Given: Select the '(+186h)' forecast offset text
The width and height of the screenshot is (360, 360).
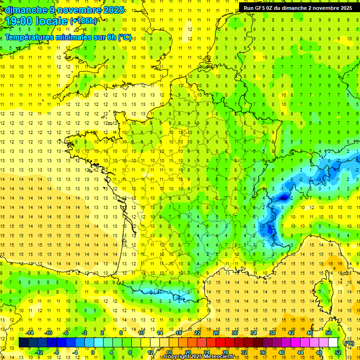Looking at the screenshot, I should tap(83, 21).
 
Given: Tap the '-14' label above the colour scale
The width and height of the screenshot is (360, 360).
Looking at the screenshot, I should tap(30, 333).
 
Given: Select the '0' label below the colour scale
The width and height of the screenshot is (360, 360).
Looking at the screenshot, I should tap(93, 352).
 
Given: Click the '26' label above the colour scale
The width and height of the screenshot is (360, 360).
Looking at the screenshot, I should tap(216, 333).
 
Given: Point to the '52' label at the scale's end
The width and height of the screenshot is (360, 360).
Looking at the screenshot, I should tap(337, 352).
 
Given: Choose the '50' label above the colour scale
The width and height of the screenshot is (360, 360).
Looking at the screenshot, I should tap(329, 333).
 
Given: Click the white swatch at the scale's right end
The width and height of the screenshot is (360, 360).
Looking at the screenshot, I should tap(333, 343).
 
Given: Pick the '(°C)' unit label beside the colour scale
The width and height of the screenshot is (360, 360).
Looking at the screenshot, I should tap(349, 343).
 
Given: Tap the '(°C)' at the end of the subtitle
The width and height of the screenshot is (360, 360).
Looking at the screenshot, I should tap(124, 37).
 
